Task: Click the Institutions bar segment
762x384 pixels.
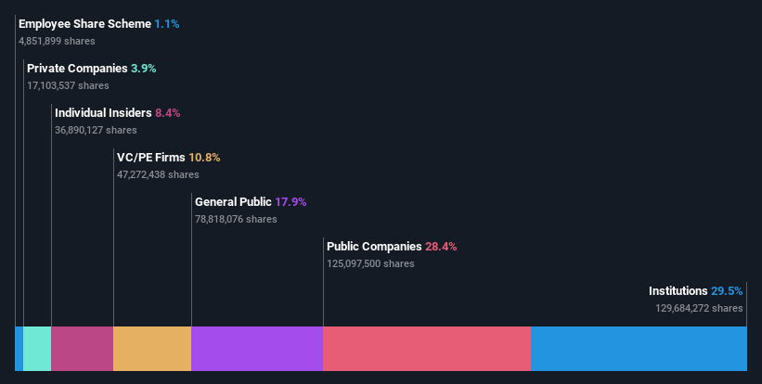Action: point(639,349)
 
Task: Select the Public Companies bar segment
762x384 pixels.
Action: point(426,349)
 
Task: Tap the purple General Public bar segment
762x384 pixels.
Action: point(257,349)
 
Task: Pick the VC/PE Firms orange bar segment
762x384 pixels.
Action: point(152,349)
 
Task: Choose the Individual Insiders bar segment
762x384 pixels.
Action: point(83,349)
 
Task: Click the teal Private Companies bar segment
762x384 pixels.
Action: point(37,349)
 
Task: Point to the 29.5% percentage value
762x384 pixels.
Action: point(727,291)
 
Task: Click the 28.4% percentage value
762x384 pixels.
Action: point(441,247)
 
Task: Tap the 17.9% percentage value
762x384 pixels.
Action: point(291,202)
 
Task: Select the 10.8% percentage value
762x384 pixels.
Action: point(204,158)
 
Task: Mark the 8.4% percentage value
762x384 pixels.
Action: point(168,113)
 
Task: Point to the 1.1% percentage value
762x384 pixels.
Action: point(167,24)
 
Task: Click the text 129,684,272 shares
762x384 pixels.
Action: point(699,308)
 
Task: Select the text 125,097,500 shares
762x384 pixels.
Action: point(370,263)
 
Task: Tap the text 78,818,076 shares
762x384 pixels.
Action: point(236,219)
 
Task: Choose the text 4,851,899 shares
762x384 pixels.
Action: point(57,41)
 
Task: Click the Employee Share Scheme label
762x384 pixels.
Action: point(84,24)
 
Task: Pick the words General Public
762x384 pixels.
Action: point(233,202)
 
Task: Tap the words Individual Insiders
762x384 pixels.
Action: point(103,113)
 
